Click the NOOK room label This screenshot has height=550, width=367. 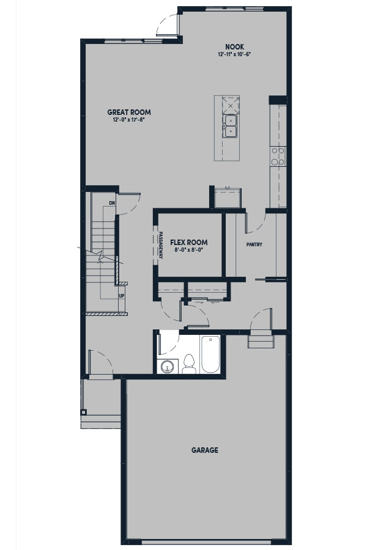click(x=235, y=46)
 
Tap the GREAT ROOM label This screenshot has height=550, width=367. click(x=129, y=112)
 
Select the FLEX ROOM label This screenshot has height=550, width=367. click(x=189, y=243)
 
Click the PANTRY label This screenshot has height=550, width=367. click(x=254, y=244)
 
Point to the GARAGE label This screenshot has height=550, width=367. click(x=205, y=450)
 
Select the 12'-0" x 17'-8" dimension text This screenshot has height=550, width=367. click(x=129, y=120)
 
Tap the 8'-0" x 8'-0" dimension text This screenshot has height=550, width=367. click(x=189, y=250)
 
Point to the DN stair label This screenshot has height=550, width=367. click(x=112, y=203)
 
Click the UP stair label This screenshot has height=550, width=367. click(x=122, y=296)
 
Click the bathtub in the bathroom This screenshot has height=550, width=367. click(x=210, y=354)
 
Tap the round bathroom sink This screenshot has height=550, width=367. click(x=168, y=367)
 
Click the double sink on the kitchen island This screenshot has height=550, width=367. click(x=230, y=126)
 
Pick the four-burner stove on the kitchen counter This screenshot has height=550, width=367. click(x=278, y=156)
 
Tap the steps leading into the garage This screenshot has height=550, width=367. click(x=261, y=341)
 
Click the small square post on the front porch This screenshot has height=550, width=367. click(x=84, y=412)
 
